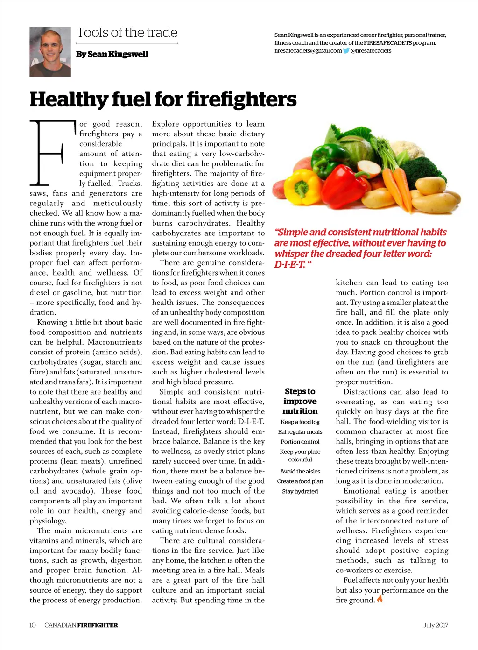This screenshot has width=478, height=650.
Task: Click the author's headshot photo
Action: point(50,52)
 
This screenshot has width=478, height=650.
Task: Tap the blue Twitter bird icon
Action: point(346,51)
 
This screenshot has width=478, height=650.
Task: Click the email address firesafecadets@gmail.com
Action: point(308,51)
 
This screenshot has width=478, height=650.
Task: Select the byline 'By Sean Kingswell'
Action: point(112,54)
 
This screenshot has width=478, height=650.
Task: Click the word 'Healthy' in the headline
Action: point(68,99)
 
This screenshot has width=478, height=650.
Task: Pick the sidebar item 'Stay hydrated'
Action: point(300,491)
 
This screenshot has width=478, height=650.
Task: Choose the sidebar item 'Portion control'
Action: point(300,442)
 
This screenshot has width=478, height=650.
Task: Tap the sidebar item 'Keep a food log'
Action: point(300,422)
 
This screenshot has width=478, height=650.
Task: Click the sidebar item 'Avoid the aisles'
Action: point(300,472)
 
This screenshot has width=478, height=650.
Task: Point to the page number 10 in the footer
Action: point(33,625)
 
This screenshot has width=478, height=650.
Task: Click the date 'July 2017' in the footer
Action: point(436,625)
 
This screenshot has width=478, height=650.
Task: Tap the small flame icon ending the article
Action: point(380,599)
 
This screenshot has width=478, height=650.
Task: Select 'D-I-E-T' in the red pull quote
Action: point(289,265)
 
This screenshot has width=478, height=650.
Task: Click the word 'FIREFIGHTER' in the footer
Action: point(98,625)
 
